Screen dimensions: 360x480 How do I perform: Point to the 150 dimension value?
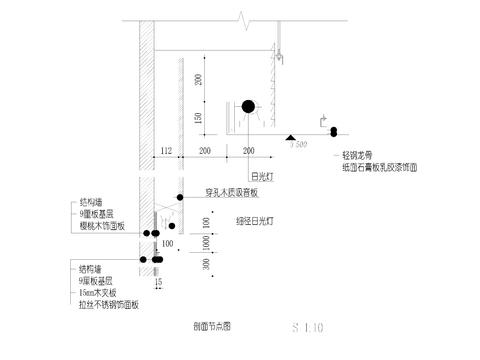pyautogui.click(x=198, y=118)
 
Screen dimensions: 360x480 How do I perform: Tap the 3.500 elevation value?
pyautogui.click(x=297, y=145)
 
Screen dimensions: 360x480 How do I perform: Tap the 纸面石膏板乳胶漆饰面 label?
pyautogui.click(x=376, y=169)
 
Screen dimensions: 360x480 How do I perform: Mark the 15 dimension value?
pyautogui.click(x=158, y=284)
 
